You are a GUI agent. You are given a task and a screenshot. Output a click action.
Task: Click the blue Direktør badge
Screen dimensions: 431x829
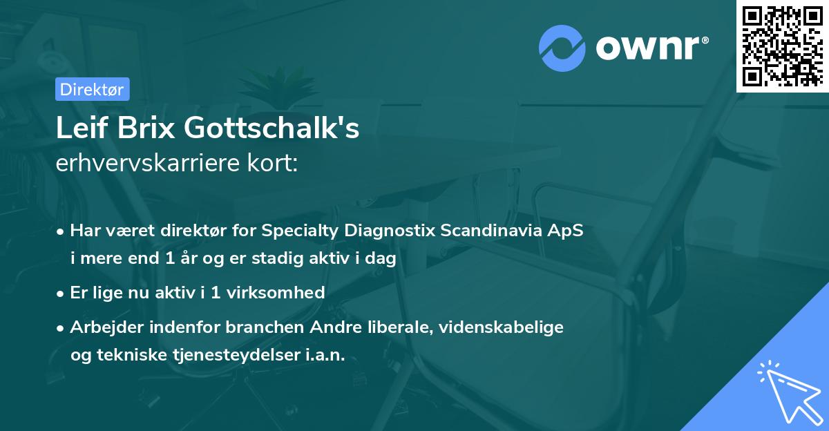click(x=92, y=89)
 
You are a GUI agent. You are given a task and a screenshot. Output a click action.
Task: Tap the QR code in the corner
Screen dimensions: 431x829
click(x=782, y=46)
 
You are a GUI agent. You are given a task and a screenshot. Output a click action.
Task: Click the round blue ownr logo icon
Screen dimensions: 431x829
click(x=562, y=48)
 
